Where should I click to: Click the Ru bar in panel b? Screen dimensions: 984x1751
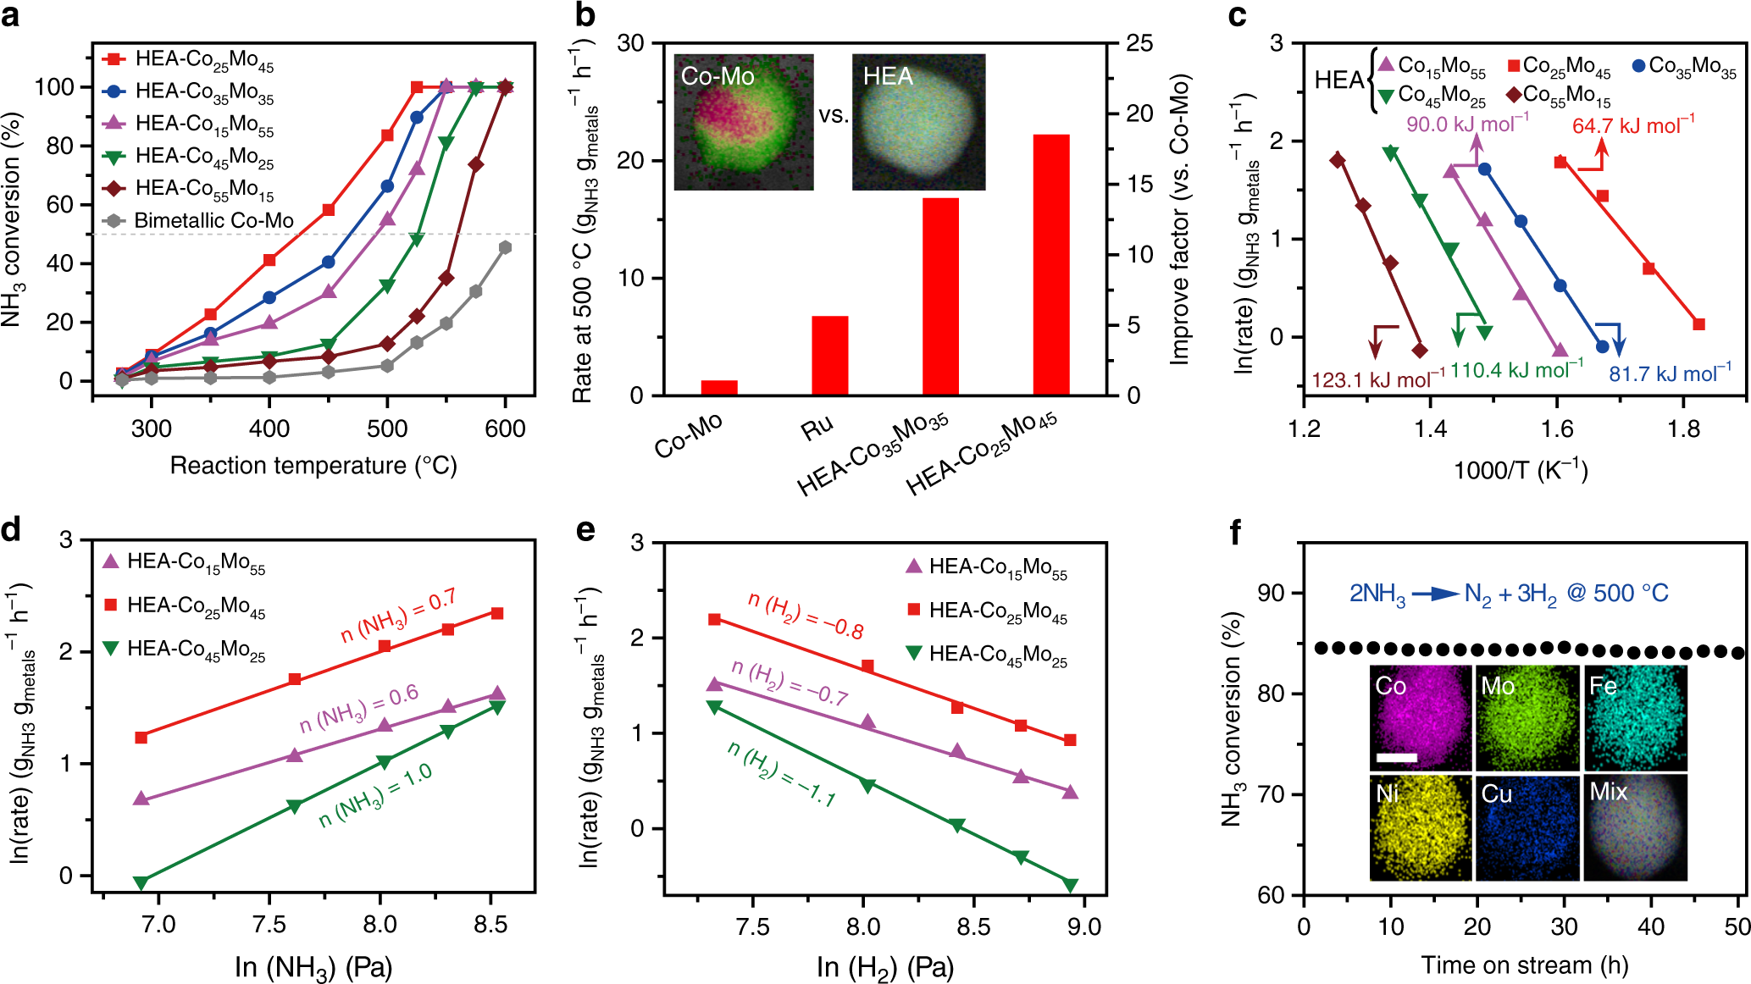[829, 356]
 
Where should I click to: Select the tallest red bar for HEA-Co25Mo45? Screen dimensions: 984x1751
[1051, 264]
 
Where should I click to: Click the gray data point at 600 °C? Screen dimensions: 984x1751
[506, 247]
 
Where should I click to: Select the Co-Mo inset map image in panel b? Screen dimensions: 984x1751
[744, 122]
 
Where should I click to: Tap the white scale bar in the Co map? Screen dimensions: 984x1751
[1397, 757]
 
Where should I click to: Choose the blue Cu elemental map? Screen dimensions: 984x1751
[1527, 827]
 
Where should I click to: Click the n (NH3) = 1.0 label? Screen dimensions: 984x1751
[375, 796]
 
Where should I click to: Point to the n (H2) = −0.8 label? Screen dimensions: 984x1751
[806, 616]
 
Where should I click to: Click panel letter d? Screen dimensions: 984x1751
[11, 530]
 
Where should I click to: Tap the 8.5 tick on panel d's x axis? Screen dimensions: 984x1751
[490, 924]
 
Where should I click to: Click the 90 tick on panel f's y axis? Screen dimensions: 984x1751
[1271, 593]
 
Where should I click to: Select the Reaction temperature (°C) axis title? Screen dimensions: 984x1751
[313, 466]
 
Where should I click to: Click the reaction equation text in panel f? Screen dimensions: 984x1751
[1508, 594]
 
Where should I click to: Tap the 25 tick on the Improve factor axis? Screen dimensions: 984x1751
[1139, 43]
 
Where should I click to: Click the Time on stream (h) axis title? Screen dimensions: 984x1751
[1525, 965]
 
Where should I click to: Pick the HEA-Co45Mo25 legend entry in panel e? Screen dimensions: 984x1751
[997, 655]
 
